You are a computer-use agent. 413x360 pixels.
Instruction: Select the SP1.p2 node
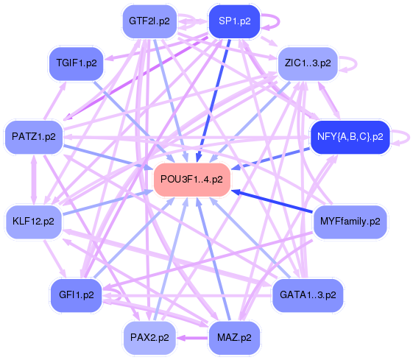pyautogui.click(x=234, y=21)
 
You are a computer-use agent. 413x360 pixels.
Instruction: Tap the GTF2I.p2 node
pyautogui.click(x=149, y=21)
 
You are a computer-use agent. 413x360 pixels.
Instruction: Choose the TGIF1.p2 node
pyautogui.click(x=77, y=63)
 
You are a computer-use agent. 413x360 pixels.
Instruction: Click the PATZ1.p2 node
pyautogui.click(x=34, y=136)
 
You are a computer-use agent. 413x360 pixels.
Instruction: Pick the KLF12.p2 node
pyautogui.click(x=34, y=220)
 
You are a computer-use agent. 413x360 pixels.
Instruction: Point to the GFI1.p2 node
pyautogui.click(x=77, y=294)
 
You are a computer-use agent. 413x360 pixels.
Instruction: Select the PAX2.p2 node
pyautogui.click(x=149, y=338)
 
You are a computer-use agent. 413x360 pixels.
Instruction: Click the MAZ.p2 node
pyautogui.click(x=234, y=338)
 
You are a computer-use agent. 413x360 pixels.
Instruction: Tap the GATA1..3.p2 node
pyautogui.click(x=308, y=294)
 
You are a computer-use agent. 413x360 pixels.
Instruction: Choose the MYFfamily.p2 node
pyautogui.click(x=350, y=220)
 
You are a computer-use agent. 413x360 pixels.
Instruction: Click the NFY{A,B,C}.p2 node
pyautogui.click(x=350, y=136)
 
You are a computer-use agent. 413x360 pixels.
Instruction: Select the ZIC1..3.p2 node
pyautogui.click(x=308, y=63)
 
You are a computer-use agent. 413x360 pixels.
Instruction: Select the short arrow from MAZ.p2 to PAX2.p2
pyautogui.click(x=193, y=338)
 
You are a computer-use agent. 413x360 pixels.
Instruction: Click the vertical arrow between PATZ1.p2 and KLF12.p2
pyautogui.click(x=34, y=178)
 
